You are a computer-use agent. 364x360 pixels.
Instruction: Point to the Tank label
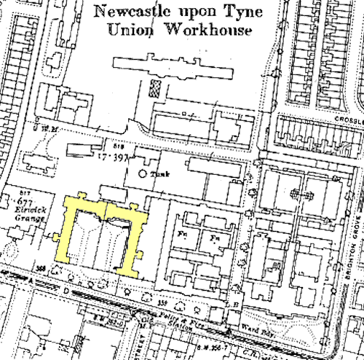pos(159,174)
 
